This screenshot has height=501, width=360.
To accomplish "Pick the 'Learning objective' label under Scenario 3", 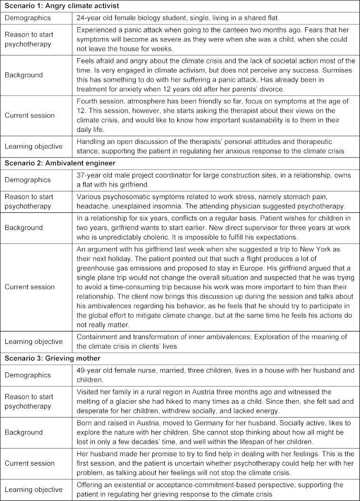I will coord(33,490).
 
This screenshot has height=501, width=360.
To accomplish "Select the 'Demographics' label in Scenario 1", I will coord(28,18).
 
